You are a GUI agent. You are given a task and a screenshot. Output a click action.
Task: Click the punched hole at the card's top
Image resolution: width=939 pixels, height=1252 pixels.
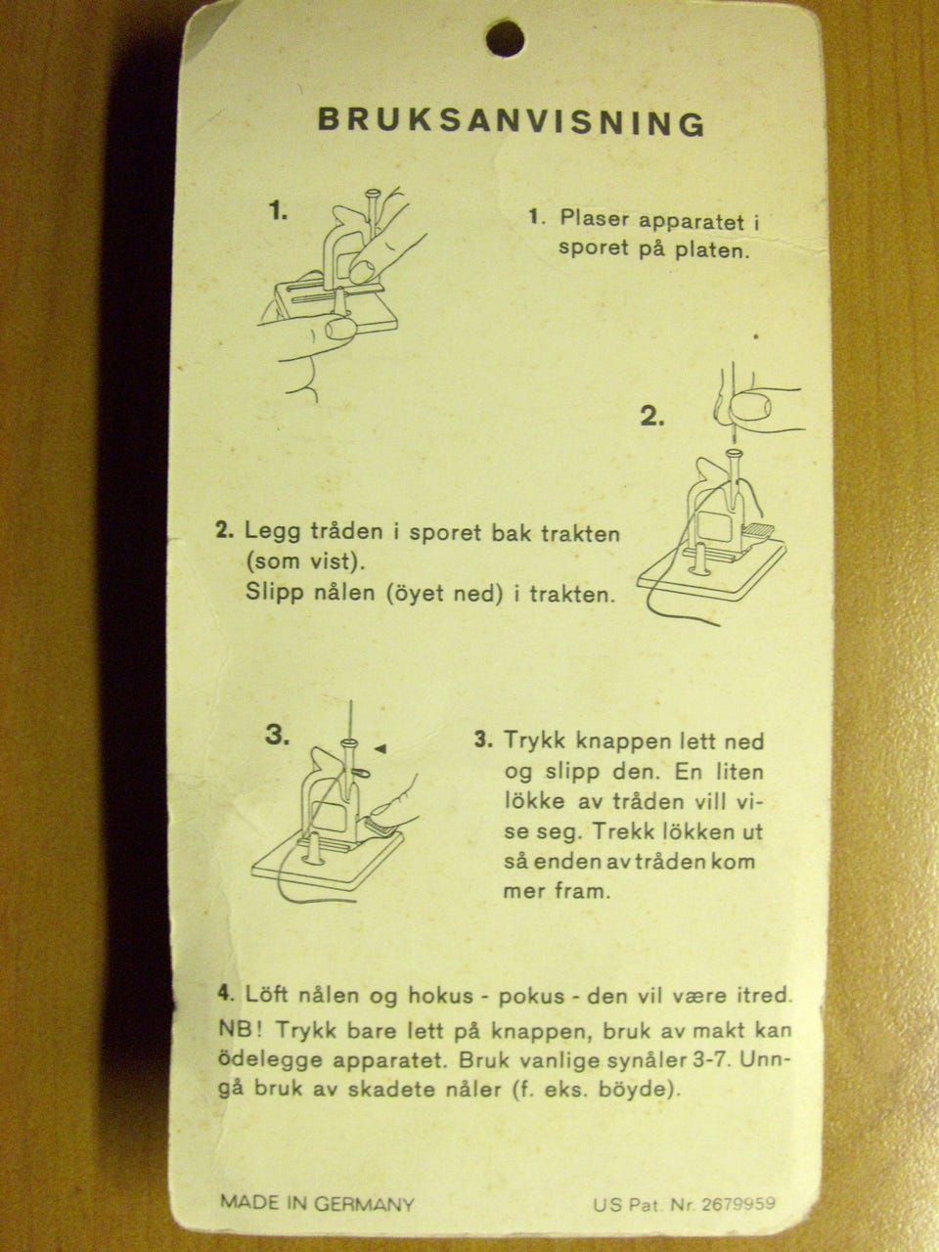(505, 38)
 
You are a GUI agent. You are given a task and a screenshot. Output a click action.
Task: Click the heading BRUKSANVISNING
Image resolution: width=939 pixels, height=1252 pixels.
(512, 122)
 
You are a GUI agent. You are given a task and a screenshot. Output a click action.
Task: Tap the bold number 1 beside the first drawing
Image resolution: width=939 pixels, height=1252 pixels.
(278, 212)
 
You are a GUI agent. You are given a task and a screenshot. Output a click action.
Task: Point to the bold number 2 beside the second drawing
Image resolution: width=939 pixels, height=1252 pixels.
(652, 417)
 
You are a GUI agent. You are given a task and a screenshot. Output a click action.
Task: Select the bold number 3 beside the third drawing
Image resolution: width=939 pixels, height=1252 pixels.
(277, 736)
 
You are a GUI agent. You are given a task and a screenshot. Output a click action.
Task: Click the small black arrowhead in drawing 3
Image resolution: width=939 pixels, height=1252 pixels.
(380, 748)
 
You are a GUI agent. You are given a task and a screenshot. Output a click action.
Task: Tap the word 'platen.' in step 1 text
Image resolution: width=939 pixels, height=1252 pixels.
(712, 249)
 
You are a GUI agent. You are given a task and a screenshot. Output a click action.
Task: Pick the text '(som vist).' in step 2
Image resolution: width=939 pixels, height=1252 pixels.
(304, 561)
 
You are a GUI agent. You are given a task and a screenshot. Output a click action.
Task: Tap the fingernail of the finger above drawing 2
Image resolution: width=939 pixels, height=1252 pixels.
(750, 407)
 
